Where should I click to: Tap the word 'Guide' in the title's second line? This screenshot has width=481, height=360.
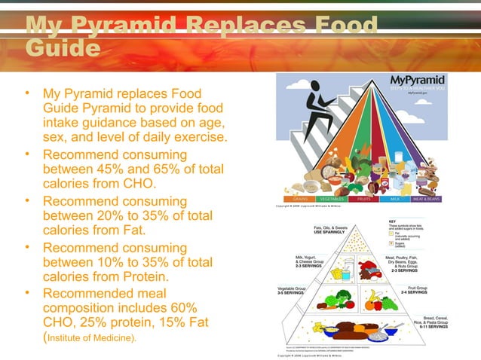(x=63, y=48)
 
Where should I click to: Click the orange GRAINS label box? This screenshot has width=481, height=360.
(x=300, y=200)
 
